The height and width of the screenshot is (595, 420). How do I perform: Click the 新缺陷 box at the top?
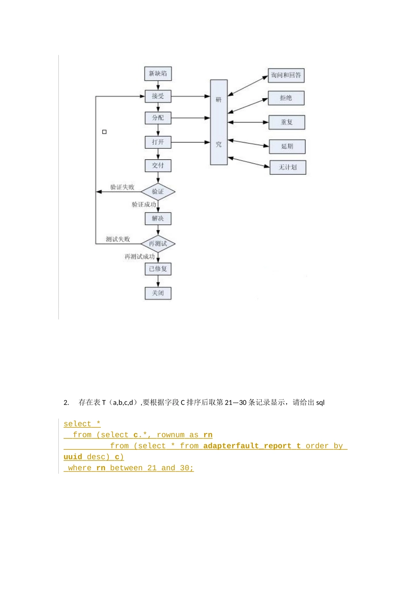tap(158, 73)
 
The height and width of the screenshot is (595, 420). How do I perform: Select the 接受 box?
tap(158, 96)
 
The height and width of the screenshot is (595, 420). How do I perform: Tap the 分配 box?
tap(158, 118)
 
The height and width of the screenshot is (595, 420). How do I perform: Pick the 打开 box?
tap(158, 142)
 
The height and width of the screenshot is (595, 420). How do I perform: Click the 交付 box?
tap(158, 166)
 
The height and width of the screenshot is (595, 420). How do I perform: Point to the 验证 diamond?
tap(158, 192)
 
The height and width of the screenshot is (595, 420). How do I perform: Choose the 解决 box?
tap(158, 219)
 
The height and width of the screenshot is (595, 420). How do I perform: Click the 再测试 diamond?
tap(158, 244)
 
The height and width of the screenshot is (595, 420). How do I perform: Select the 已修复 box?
tap(158, 269)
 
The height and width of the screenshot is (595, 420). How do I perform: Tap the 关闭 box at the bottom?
tap(158, 293)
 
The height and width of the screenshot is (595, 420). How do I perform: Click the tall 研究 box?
tap(219, 122)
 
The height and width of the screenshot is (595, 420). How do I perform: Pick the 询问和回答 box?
tap(286, 75)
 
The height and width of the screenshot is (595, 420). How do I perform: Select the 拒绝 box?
tap(286, 98)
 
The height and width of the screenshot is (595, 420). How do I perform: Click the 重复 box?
tap(287, 122)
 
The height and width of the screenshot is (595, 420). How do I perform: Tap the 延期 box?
tap(287, 147)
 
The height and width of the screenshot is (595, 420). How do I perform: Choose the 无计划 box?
tap(288, 167)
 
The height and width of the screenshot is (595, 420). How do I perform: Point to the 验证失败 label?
tap(122, 187)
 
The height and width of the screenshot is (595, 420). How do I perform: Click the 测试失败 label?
tap(118, 240)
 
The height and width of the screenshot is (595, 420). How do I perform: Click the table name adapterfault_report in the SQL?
tap(247, 446)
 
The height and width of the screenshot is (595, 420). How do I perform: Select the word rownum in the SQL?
tap(170, 435)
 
